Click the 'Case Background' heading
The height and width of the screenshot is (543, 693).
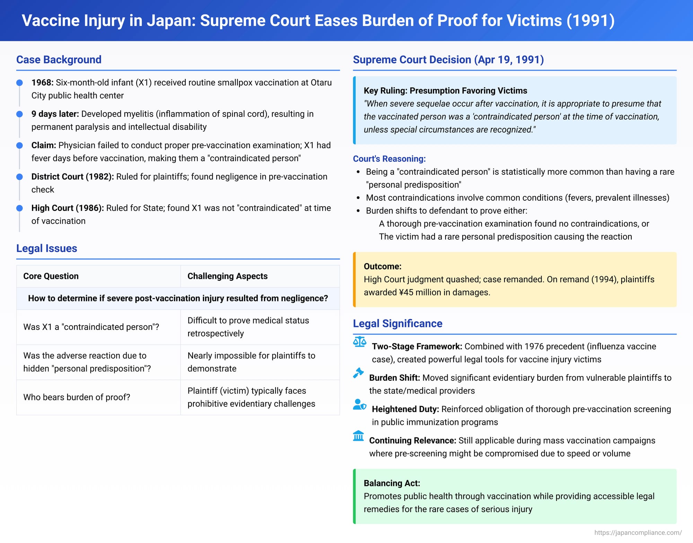(59, 60)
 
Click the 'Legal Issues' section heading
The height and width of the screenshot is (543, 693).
(46, 248)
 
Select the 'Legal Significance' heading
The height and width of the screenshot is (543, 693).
(397, 323)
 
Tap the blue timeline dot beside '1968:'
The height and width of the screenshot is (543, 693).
(20, 83)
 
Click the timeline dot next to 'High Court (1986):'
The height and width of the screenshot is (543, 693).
(20, 208)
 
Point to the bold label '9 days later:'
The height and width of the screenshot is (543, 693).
(55, 114)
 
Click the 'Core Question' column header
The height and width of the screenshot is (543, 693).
(51, 276)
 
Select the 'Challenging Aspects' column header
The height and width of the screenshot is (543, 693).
(227, 276)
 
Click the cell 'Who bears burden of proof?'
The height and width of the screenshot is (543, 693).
(77, 397)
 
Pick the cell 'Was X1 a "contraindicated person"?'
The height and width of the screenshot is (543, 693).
(91, 327)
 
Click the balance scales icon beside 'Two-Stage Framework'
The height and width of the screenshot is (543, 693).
(359, 342)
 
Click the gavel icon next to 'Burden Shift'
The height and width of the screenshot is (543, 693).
(358, 373)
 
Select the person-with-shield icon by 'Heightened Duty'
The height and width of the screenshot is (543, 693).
(359, 405)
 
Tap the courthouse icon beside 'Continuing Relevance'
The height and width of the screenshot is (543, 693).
(358, 436)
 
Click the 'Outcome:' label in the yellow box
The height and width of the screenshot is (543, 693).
(383, 266)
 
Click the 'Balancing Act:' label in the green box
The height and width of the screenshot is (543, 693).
(392, 483)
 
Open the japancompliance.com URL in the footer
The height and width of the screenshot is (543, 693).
(638, 533)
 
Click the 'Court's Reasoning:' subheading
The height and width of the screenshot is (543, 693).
(389, 159)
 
